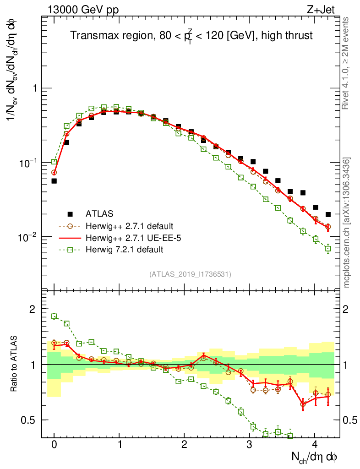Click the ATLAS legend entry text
pyautogui.click(x=100, y=213)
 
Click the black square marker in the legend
pyautogui.click(x=70, y=213)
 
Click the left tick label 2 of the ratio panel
pyautogui.click(x=33, y=309)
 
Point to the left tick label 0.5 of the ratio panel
pyautogui.click(x=28, y=420)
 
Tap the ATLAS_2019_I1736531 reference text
pyautogui.click(x=190, y=274)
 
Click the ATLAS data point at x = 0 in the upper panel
pyautogui.click(x=54, y=181)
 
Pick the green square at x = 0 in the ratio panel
pyautogui.click(x=54, y=316)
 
